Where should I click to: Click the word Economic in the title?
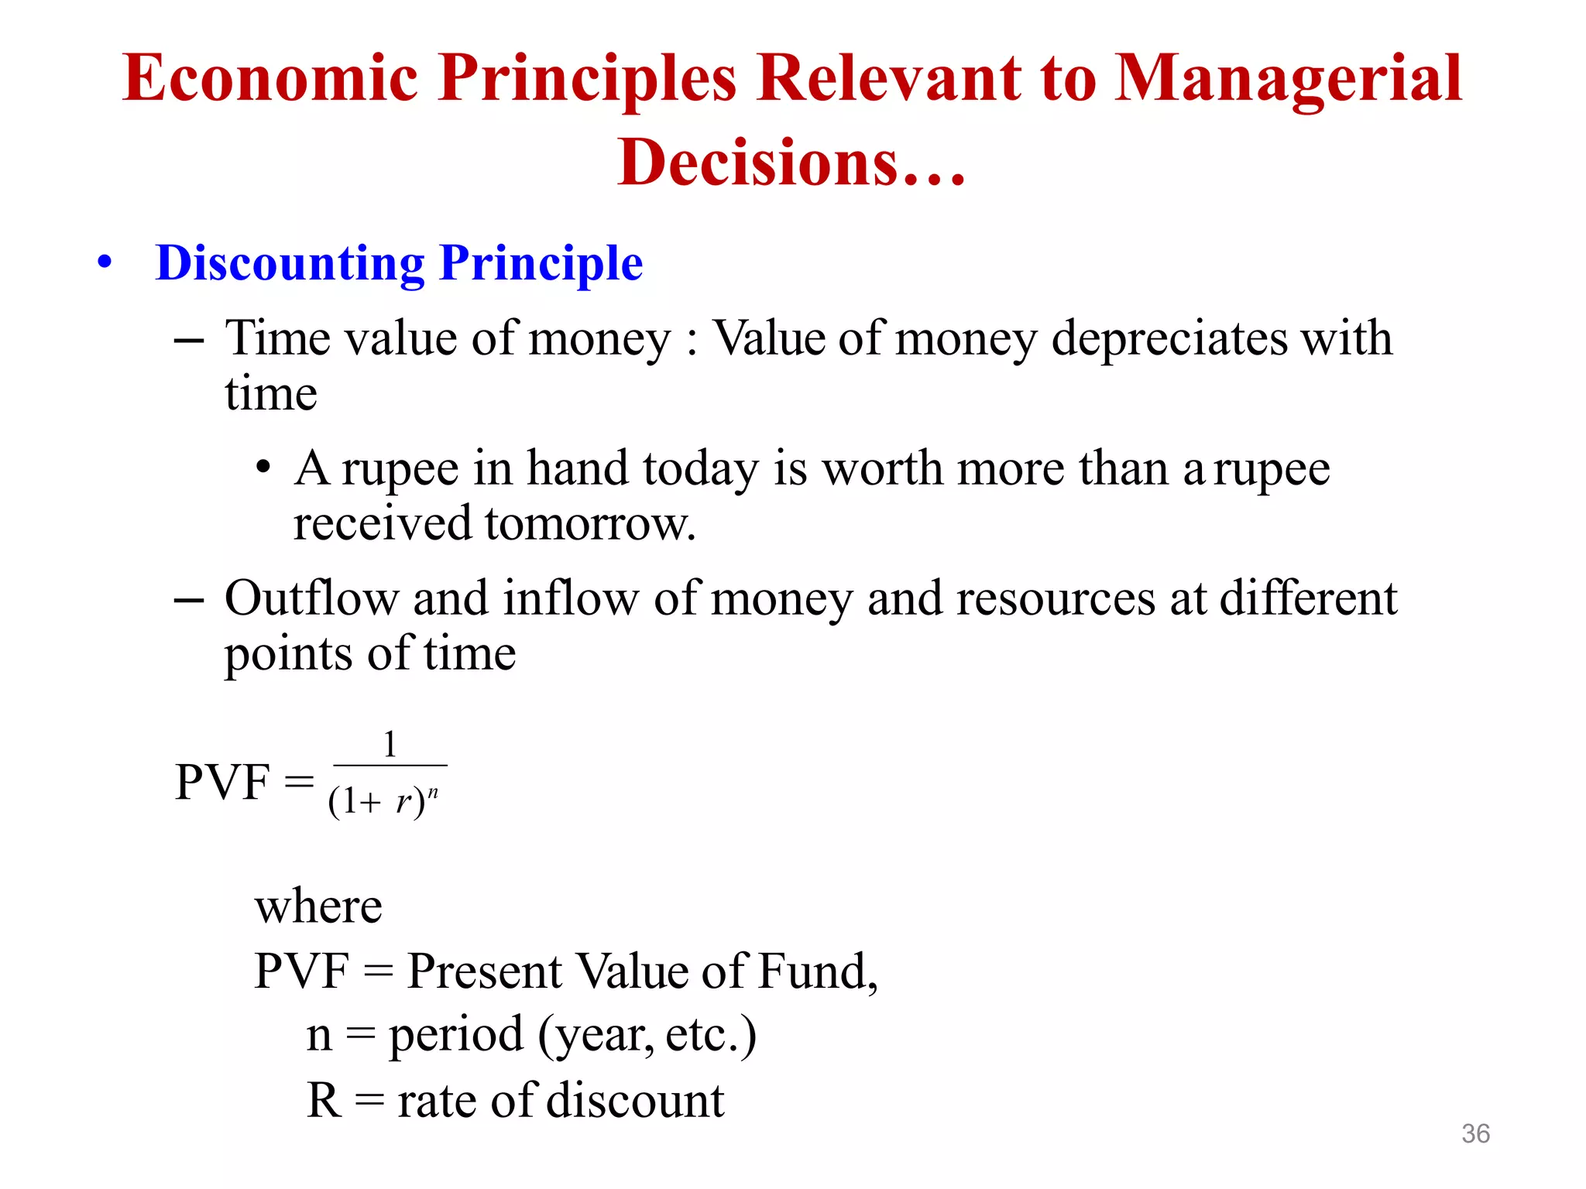(270, 79)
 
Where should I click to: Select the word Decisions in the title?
(758, 163)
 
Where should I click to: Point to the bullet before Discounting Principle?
(105, 263)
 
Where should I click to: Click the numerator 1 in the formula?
(390, 745)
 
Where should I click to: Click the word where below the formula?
(318, 906)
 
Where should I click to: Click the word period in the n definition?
(456, 1035)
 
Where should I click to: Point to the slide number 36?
(1475, 1133)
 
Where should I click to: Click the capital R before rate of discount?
(324, 1100)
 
